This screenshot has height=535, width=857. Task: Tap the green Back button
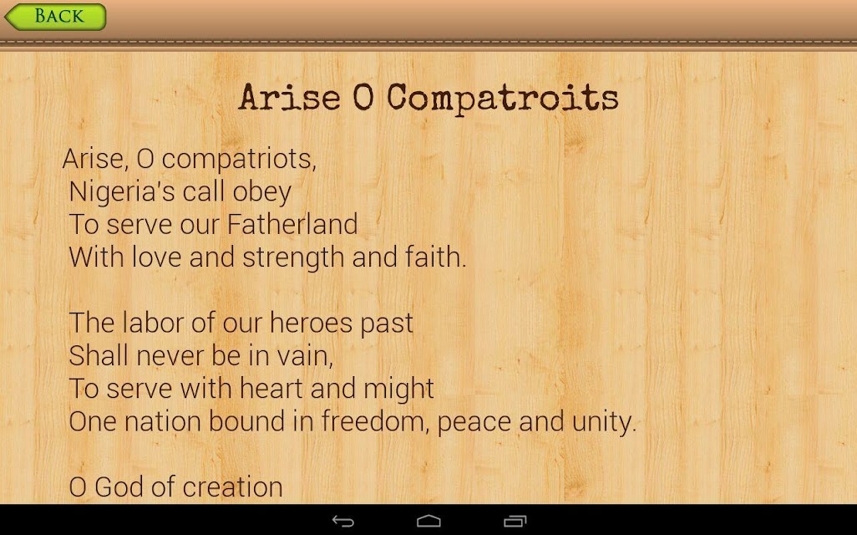click(55, 17)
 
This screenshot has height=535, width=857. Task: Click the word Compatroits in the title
click(503, 99)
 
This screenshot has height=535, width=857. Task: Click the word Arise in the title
click(290, 98)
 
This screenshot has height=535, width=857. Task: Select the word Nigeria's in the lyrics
click(122, 191)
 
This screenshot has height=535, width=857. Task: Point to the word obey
click(261, 192)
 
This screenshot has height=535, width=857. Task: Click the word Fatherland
click(292, 224)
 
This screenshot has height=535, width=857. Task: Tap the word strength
click(293, 257)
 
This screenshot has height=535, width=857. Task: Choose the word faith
click(436, 257)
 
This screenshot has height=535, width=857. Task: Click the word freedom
click(375, 421)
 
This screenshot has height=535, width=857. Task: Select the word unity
click(604, 422)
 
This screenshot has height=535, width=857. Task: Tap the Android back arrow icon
click(343, 522)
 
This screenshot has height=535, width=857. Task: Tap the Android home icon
click(428, 521)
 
